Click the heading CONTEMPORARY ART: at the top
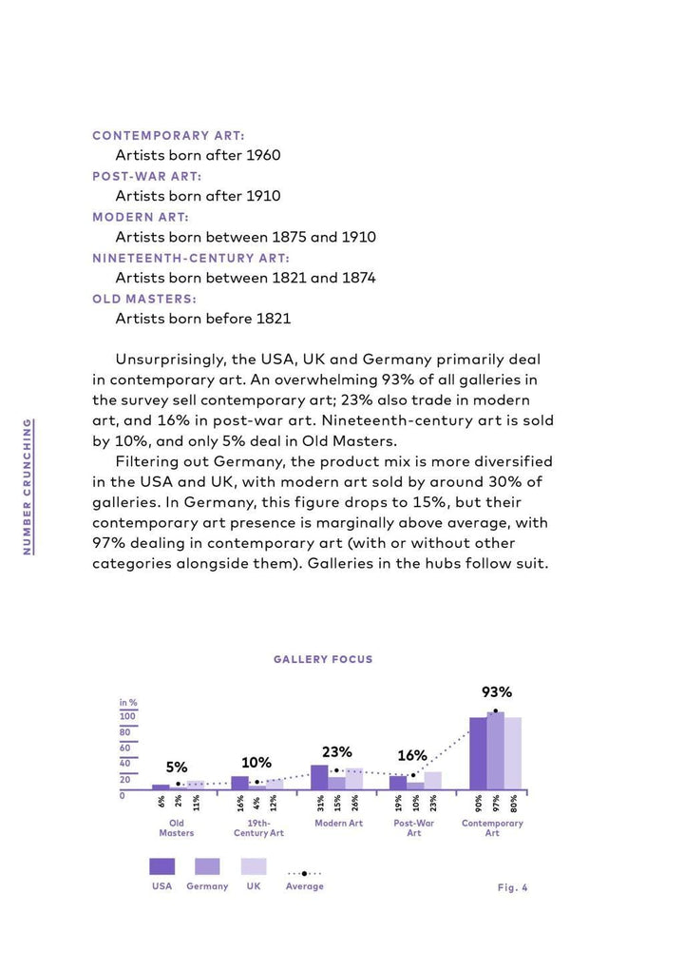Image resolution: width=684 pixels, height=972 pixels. tap(168, 136)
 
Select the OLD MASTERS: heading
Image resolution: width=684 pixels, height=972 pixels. tap(143, 299)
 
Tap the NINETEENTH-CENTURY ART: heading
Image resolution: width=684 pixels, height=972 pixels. tap(191, 258)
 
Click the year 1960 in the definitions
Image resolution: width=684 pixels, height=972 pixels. tap(263, 155)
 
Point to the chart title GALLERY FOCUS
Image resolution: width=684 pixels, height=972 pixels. tap(323, 659)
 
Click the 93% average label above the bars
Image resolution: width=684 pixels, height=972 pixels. tap(496, 692)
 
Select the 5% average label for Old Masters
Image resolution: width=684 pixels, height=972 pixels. tap(177, 767)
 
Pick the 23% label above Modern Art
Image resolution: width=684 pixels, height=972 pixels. tap(336, 751)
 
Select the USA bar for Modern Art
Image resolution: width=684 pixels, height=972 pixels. tap(319, 777)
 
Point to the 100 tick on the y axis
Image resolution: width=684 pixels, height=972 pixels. tap(126, 716)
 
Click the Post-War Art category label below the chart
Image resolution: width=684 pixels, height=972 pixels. tap(414, 827)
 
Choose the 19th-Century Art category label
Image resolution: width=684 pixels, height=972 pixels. tap(258, 827)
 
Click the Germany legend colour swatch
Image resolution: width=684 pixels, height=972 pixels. tap(207, 866)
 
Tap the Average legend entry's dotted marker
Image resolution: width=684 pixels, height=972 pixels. tap(304, 872)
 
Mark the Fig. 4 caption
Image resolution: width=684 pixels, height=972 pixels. tap(512, 887)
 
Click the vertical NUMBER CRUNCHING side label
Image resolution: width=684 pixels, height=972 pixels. tap(28, 486)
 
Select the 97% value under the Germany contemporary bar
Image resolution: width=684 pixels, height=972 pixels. tap(496, 804)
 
